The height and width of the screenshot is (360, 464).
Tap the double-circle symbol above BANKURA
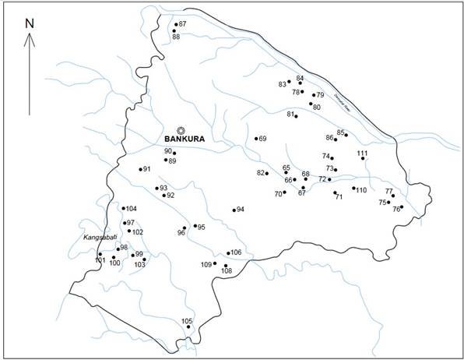tap(181, 130)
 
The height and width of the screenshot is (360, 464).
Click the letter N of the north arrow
tap(29, 23)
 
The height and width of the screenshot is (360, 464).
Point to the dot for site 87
tap(176, 26)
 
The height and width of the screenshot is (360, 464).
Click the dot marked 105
tap(188, 327)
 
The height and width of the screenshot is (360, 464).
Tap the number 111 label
tap(362, 153)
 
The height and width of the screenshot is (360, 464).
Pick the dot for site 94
tap(234, 210)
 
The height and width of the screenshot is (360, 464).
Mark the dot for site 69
tap(256, 139)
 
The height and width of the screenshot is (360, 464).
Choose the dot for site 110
tap(353, 188)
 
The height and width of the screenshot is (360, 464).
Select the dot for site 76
tap(401, 207)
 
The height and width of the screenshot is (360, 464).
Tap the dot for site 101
tap(100, 254)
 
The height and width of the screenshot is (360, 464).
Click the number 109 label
tap(206, 265)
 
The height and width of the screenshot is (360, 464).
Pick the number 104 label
tap(131, 209)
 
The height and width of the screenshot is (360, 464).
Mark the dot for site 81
tap(296, 116)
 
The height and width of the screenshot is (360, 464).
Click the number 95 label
tap(201, 227)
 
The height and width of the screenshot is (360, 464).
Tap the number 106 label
tap(237, 252)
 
